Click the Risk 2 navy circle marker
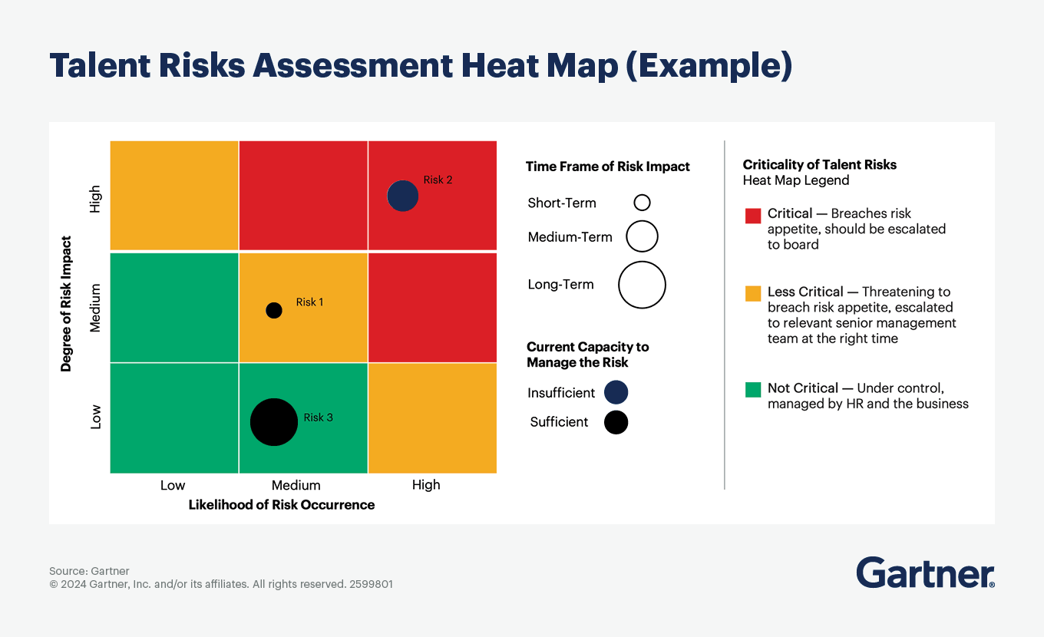[402, 196]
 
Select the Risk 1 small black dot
[273, 310]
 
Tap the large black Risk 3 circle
[274, 422]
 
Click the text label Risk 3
[318, 418]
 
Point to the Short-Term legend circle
[642, 203]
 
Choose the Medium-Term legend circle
[642, 236]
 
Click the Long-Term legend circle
[642, 285]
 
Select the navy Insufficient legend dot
[616, 392]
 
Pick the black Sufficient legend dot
[616, 422]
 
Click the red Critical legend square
[753, 215]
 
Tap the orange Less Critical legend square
[753, 293]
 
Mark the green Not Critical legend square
[753, 389]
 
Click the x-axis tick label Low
[173, 485]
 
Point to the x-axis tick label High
[426, 485]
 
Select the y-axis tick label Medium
[95, 308]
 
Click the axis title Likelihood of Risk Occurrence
[282, 504]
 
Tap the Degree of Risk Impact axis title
[66, 304]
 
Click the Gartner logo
[925, 573]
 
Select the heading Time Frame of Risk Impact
[607, 167]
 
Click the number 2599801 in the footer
[371, 584]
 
